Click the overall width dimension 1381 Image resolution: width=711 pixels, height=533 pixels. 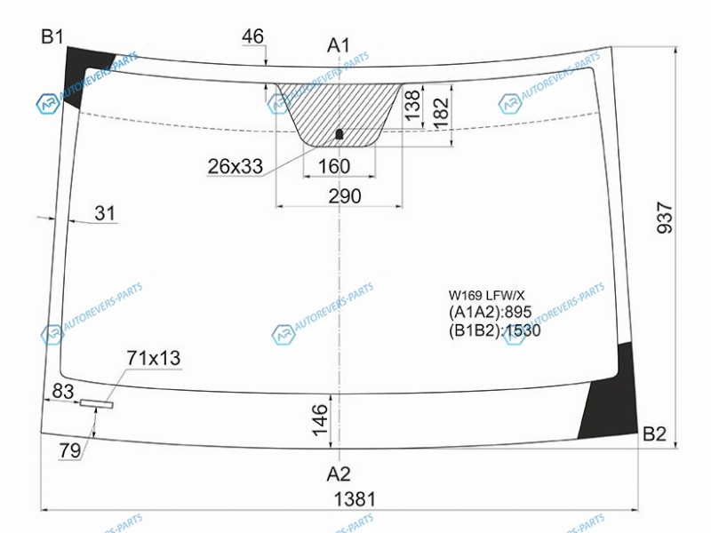click(x=355, y=499)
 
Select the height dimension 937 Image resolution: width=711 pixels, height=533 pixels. click(x=665, y=218)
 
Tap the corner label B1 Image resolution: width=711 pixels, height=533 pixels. click(x=52, y=36)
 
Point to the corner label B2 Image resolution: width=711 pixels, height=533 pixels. click(x=654, y=434)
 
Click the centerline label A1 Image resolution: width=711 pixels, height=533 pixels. click(x=339, y=45)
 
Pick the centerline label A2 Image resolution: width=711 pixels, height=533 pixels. click(x=339, y=474)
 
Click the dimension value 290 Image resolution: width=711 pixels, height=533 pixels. click(x=345, y=196)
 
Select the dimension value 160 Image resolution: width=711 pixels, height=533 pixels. click(x=334, y=166)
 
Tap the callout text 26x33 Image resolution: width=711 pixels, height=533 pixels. click(x=235, y=166)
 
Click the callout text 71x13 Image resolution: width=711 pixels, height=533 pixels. click(x=153, y=358)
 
